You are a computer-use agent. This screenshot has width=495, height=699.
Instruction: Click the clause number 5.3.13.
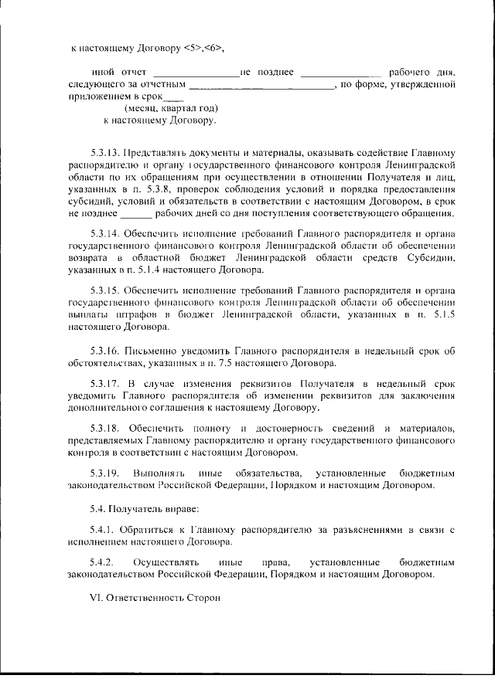104,153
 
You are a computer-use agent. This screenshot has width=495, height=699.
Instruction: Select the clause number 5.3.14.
104,232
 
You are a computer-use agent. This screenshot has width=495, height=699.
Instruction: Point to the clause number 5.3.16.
104,349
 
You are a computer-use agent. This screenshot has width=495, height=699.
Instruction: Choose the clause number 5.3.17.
104,383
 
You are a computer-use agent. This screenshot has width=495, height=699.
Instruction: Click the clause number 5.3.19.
104,473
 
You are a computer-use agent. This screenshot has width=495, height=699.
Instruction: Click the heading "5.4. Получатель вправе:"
134,508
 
